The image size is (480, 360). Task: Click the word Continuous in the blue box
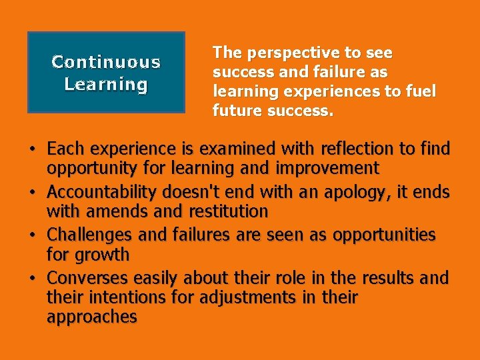click(x=106, y=62)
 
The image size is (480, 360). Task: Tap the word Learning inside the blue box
click(x=106, y=85)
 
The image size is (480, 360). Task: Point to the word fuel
click(x=421, y=91)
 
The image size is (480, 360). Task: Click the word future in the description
click(x=237, y=111)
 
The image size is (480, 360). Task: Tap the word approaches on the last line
click(x=92, y=317)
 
